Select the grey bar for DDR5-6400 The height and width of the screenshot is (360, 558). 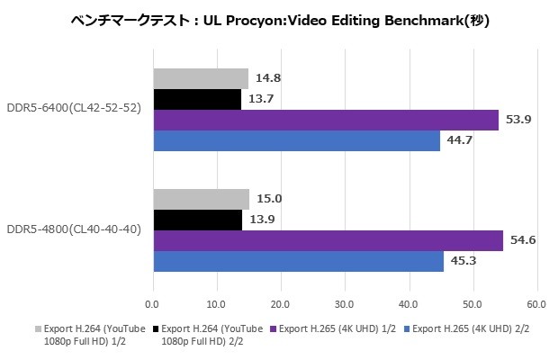click(x=200, y=78)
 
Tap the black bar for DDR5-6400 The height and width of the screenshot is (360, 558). click(x=197, y=99)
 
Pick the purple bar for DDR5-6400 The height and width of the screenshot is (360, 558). click(x=326, y=120)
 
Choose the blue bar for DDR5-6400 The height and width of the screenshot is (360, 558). click(x=296, y=140)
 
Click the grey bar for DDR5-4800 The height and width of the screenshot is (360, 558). click(x=201, y=199)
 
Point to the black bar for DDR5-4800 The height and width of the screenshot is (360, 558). click(x=198, y=220)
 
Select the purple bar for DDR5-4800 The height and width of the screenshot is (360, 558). click(x=328, y=240)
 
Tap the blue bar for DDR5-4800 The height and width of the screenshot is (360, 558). click(x=298, y=261)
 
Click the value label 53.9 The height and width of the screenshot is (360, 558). click(x=516, y=120)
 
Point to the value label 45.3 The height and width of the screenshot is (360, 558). click(x=461, y=261)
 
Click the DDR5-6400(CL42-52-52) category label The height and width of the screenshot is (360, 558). click(x=74, y=110)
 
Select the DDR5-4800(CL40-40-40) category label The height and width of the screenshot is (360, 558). click(x=74, y=230)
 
